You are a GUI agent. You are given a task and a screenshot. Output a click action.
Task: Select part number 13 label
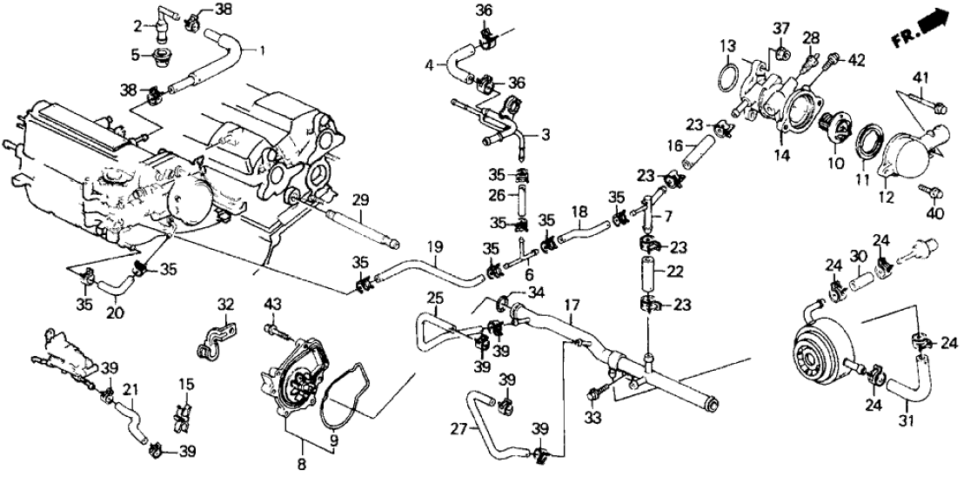[x=726, y=46]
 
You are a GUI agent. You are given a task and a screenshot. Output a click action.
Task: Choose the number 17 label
[x=572, y=306]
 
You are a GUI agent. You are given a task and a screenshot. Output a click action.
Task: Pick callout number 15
[x=184, y=383]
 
